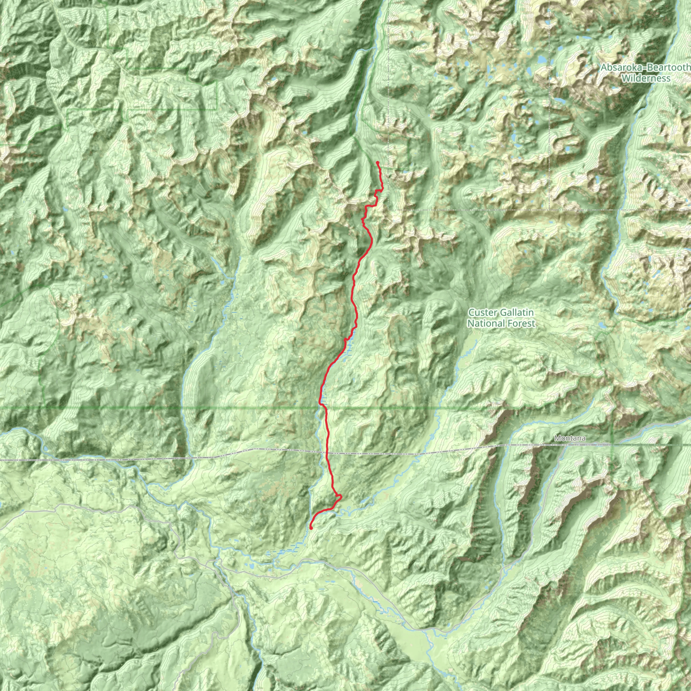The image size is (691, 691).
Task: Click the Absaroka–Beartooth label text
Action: pyautogui.click(x=645, y=67)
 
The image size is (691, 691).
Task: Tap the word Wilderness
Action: pyautogui.click(x=645, y=78)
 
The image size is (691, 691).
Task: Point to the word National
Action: pyautogui.click(x=484, y=323)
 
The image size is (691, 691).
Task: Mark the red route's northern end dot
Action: pyautogui.click(x=377, y=163)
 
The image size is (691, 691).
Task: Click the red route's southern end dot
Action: pyautogui.click(x=311, y=528)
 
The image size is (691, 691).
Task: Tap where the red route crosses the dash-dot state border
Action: pyautogui.click(x=327, y=453)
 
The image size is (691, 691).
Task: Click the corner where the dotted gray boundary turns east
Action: pyautogui.click(x=388, y=209)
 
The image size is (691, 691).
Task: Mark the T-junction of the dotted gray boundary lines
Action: pyautogui.click(x=549, y=209)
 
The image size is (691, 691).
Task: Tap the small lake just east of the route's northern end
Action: pyautogui.click(x=405, y=172)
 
